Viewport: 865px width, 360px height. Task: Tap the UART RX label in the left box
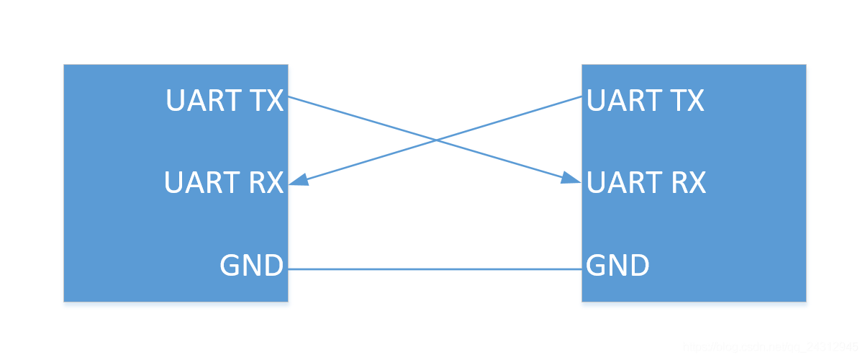224,183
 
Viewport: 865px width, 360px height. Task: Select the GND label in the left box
251,266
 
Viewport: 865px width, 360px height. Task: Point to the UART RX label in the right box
646,183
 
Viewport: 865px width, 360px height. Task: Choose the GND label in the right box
617,266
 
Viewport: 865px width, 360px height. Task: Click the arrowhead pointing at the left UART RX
299,181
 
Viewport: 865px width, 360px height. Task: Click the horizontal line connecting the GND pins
435,269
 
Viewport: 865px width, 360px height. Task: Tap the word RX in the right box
687,183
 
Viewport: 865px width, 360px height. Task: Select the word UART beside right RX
624,183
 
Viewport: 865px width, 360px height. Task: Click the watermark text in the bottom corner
770,348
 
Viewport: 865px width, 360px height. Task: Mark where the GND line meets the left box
289,269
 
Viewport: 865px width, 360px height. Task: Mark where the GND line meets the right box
581,269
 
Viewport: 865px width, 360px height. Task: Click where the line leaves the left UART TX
289,96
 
